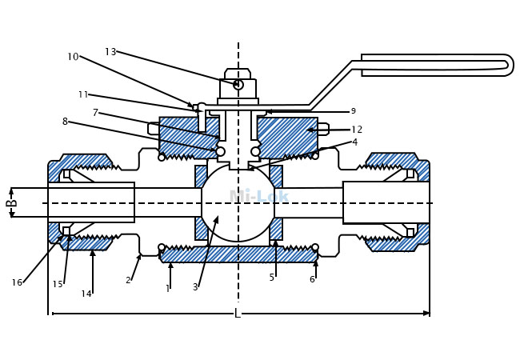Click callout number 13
pos(110,52)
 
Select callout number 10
pos(73,57)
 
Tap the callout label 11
pos(83,95)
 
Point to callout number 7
pos(95,113)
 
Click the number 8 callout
pos(65,122)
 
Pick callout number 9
pos(353,111)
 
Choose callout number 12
pos(357,130)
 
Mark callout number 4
pos(355,142)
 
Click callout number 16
pos(17,282)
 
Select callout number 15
pos(58,284)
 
